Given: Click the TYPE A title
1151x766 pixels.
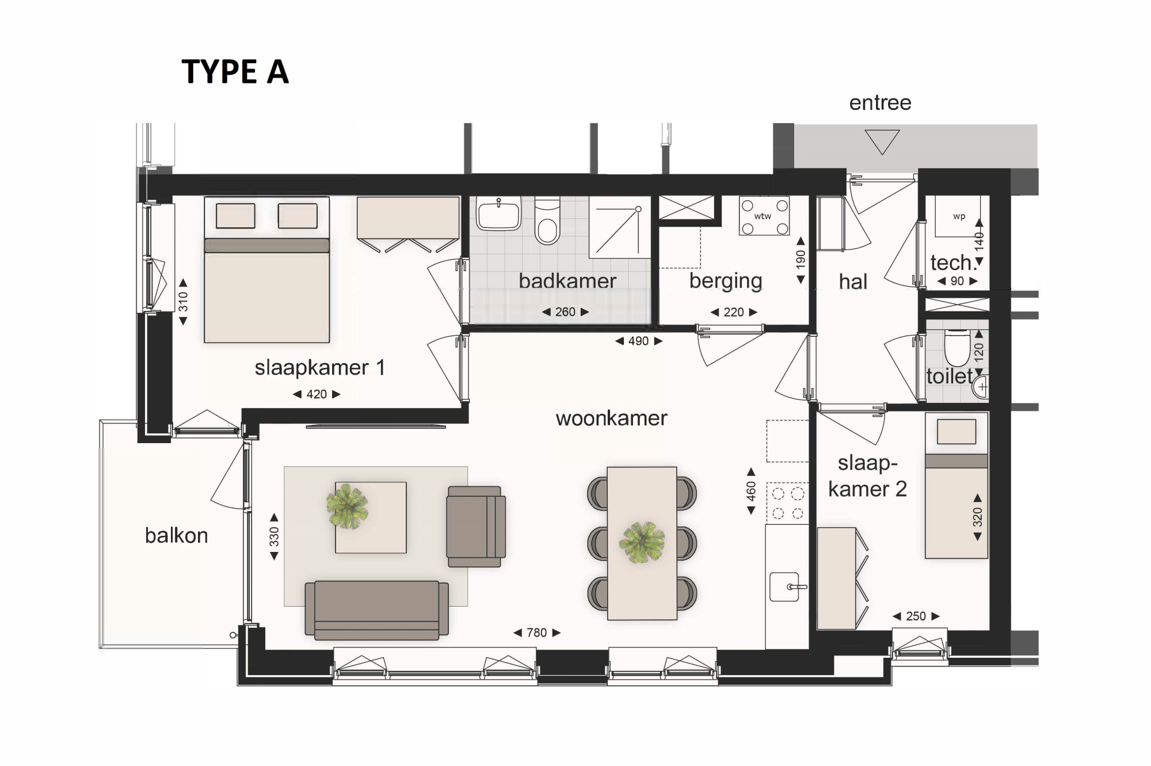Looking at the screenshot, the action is pos(235,72).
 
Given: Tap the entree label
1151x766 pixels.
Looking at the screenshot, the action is pos(880,103).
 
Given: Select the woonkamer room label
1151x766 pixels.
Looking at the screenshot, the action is pos(611,418).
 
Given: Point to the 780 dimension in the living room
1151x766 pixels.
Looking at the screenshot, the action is pos(537,632).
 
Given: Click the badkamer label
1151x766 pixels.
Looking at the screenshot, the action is pos(567,281).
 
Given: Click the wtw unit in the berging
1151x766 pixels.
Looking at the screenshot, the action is pos(764,216).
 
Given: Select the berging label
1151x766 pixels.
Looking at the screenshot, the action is pos(726,281).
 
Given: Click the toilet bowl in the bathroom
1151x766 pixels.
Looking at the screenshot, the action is pos(547,221).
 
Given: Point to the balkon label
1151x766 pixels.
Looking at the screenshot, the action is pos(176,536).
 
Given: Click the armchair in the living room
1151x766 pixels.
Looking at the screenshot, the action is pos(476,527).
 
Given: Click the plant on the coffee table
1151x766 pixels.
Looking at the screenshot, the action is pos(347,506).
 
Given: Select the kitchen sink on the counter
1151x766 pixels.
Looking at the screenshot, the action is pos(786,586).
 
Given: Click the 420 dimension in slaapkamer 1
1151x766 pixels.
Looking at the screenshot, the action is pos(317,394).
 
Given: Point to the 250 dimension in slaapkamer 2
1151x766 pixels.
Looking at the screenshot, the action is pos(916,616).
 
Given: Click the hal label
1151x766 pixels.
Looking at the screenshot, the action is pos(853,282).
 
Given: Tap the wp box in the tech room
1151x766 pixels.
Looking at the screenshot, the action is pos(959,217).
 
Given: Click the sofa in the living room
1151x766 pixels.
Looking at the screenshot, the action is pos(377,610).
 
